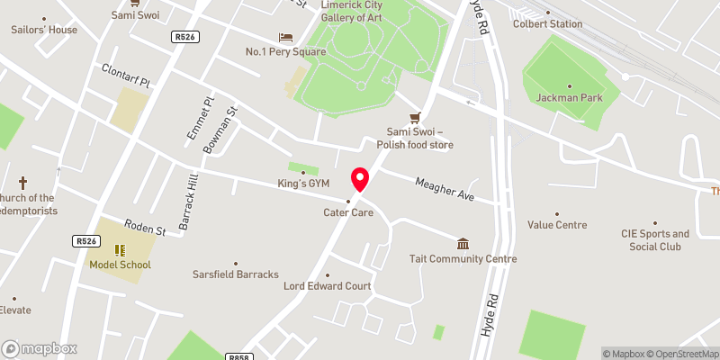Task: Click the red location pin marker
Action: point(360,180)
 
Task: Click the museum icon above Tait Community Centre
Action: point(463,244)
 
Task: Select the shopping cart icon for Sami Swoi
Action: point(415,118)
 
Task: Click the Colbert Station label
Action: point(548,23)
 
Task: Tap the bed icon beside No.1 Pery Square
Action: point(286,37)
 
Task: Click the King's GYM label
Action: point(302,184)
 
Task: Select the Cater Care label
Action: point(348,212)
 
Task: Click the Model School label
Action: point(120,265)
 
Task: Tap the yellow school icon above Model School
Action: point(120,250)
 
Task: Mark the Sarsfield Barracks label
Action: point(236,274)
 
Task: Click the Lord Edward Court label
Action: point(327,286)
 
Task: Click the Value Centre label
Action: point(557,225)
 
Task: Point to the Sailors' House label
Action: point(44,29)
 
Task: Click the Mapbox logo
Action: point(40,348)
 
